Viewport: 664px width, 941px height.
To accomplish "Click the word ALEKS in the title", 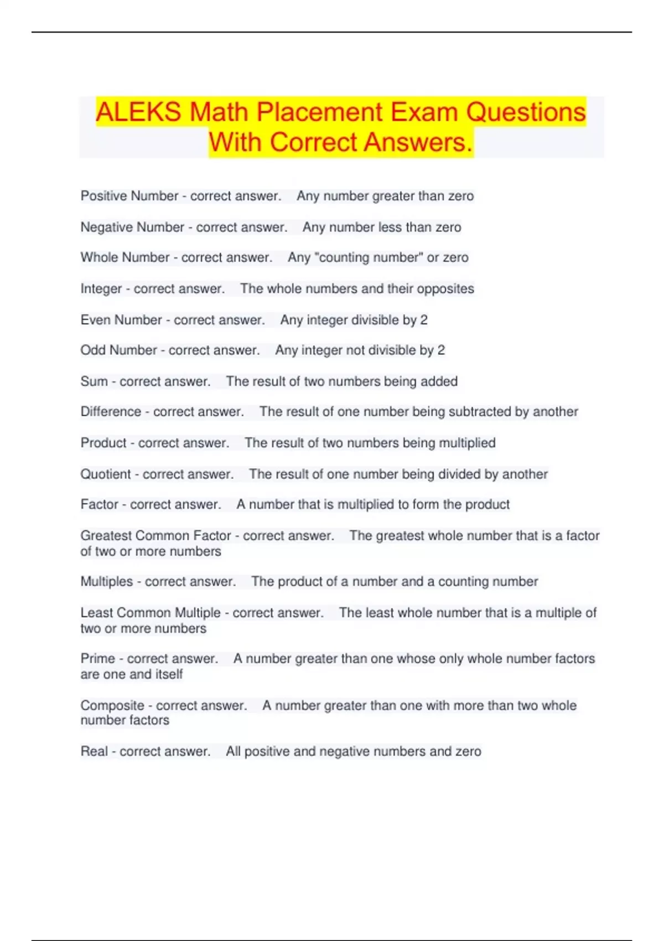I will point(138,112).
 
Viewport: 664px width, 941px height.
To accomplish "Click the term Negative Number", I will point(132,227).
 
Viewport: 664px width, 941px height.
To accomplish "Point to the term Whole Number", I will point(125,257).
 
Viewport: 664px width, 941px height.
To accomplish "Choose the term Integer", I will point(101,288).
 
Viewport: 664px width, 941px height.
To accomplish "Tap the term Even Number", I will point(121,320).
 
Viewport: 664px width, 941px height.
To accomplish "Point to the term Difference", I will point(111,412).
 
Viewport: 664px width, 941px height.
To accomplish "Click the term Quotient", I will point(106,474).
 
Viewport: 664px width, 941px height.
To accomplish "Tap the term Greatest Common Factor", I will point(155,536).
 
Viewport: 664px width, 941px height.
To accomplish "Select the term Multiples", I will point(107,582).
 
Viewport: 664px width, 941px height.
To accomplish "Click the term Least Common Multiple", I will point(151,613).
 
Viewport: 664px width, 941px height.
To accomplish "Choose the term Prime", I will point(98,659).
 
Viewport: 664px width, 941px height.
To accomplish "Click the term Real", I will point(94,752).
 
